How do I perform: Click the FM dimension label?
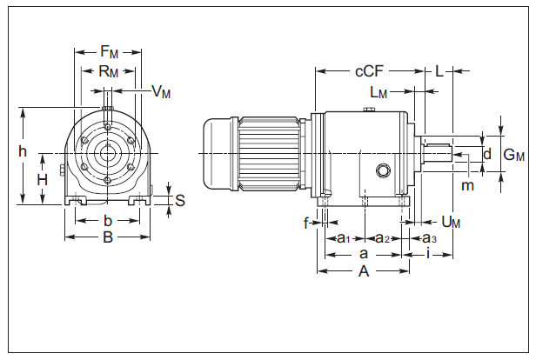(x=107, y=52)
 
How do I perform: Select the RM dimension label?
(x=107, y=71)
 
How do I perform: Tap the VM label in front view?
(x=161, y=91)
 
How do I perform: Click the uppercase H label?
(x=42, y=179)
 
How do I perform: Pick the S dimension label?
(x=180, y=200)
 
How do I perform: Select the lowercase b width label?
(x=107, y=219)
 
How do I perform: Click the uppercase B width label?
(x=107, y=236)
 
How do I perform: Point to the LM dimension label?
(x=379, y=91)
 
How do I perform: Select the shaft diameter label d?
(x=487, y=154)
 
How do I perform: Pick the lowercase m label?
(x=467, y=185)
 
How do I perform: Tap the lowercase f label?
(x=307, y=223)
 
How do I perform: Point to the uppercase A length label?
(x=364, y=272)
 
